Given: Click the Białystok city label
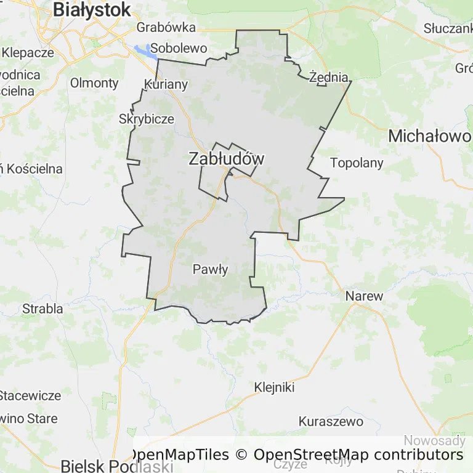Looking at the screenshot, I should (92, 9).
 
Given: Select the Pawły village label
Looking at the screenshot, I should (211, 269).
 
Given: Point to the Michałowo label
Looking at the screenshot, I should (429, 136).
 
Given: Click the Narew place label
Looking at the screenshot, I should (364, 296).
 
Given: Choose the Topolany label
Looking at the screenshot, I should (357, 163).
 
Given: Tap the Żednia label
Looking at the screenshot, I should (329, 77).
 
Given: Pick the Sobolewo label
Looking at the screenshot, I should (179, 47).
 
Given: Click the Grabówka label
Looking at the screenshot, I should (166, 27).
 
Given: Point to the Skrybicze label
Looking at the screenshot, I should (147, 119).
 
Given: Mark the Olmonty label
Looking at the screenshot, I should (94, 83).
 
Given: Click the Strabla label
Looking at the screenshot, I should (42, 308).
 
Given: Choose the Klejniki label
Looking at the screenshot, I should (274, 387).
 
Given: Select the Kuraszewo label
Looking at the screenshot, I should (330, 422).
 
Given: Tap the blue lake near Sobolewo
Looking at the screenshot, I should (143, 50).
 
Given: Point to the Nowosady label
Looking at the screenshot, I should (434, 440).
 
